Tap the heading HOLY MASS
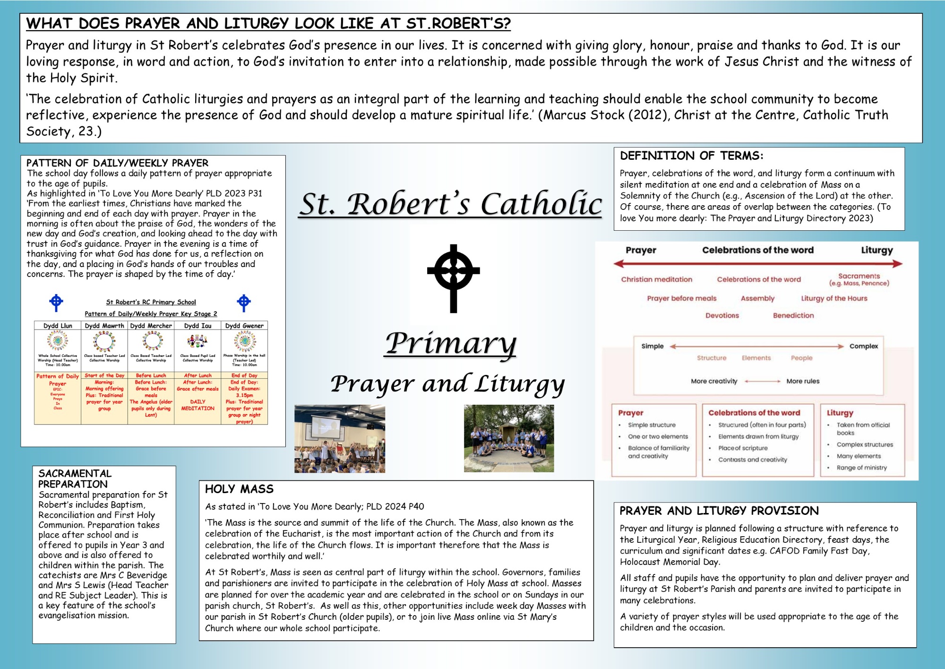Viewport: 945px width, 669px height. click(x=239, y=489)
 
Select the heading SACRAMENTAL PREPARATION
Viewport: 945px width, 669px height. click(x=75, y=478)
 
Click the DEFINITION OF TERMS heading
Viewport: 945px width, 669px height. click(x=691, y=156)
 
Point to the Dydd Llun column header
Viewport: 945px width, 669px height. click(x=58, y=326)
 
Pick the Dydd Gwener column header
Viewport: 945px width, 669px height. click(x=244, y=326)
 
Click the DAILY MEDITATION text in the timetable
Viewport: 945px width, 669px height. click(x=198, y=405)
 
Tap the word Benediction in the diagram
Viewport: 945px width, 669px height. click(x=793, y=315)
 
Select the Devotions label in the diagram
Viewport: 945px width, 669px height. click(x=722, y=315)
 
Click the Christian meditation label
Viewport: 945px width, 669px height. click(x=656, y=279)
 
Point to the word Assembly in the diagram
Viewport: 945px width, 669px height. click(x=757, y=298)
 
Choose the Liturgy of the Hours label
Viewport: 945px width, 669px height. click(x=834, y=298)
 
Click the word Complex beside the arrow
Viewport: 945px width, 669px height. click(x=863, y=346)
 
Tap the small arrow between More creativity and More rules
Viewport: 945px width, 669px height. click(x=762, y=381)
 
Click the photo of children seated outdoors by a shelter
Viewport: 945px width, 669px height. click(x=509, y=438)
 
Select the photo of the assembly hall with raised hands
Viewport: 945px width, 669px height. click(x=340, y=439)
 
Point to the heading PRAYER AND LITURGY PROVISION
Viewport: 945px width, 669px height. click(x=719, y=511)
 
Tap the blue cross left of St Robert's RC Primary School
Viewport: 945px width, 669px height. click(x=56, y=303)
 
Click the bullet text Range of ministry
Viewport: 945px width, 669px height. click(x=861, y=468)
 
